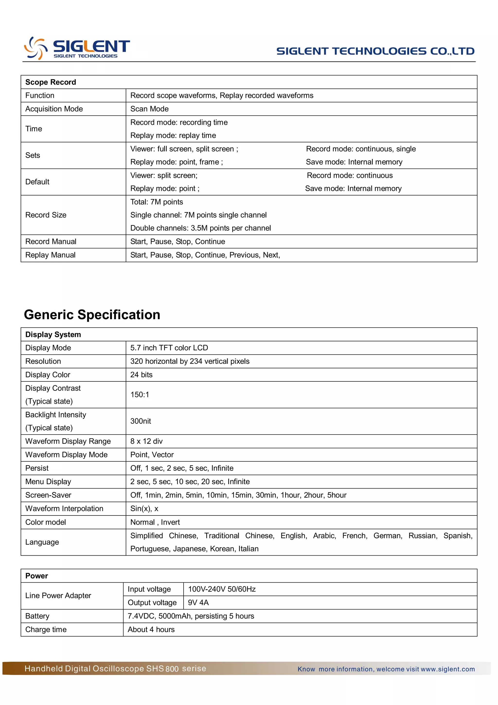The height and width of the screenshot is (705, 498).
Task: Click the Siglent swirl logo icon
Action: pyautogui.click(x=36, y=48)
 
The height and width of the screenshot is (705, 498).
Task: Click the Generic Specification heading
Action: pyautogui.click(x=92, y=315)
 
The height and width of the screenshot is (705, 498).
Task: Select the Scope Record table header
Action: pyautogui.click(x=51, y=82)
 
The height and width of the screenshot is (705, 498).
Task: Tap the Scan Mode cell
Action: pyautogui.click(x=150, y=109)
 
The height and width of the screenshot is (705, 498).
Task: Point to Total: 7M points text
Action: pyautogui.click(x=157, y=202)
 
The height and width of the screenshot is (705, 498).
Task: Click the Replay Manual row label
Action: pyautogui.click(x=50, y=255)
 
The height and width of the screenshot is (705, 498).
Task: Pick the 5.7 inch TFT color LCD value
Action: pyautogui.click(x=169, y=348)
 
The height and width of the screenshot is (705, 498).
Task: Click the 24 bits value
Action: pyautogui.click(x=142, y=375)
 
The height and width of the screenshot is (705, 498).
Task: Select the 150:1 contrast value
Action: pyautogui.click(x=140, y=395)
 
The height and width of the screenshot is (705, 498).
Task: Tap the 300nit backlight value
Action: pyautogui.click(x=141, y=421)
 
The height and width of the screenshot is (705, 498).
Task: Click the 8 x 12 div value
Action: pyautogui.click(x=146, y=442)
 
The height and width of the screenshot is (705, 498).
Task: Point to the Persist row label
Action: pyautogui.click(x=37, y=468)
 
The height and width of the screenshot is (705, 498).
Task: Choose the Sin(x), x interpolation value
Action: pyautogui.click(x=144, y=509)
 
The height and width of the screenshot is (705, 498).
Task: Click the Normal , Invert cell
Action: pyautogui.click(x=155, y=522)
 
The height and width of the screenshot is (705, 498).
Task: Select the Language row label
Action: pyautogui.click(x=42, y=542)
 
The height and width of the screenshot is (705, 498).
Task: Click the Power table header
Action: pyautogui.click(x=36, y=576)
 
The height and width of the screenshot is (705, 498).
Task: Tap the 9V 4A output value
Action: pyautogui.click(x=198, y=603)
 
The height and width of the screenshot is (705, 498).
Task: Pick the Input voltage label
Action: pyautogui.click(x=149, y=589)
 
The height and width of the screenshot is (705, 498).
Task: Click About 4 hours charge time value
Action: pyautogui.click(x=151, y=630)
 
